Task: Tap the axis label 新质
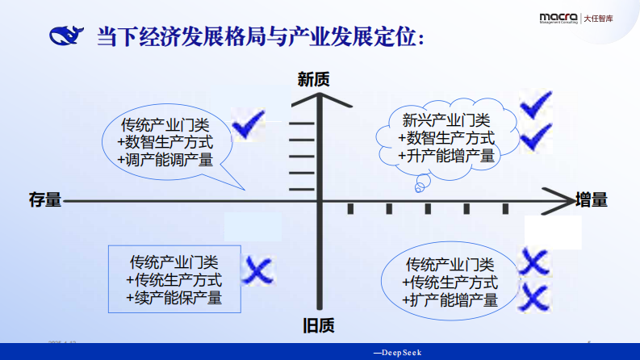(x=313, y=79)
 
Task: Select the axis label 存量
(x=44, y=199)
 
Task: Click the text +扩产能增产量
(x=450, y=300)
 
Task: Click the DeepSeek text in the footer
(x=398, y=353)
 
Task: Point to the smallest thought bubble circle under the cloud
(x=419, y=189)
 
